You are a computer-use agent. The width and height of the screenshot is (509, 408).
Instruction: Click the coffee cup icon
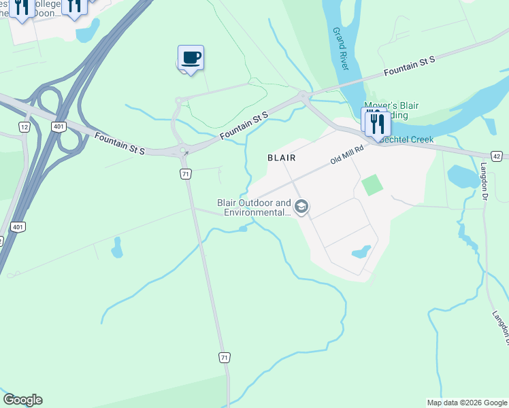[x=191, y=57]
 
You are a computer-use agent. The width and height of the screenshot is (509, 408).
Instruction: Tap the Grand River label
[x=342, y=48]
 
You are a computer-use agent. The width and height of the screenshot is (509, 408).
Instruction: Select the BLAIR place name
[x=282, y=157]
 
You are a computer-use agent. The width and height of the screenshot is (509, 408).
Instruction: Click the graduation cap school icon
[x=301, y=207]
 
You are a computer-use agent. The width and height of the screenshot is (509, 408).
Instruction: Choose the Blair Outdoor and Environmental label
[x=254, y=207]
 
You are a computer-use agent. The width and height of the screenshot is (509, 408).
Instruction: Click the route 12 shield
[x=24, y=127]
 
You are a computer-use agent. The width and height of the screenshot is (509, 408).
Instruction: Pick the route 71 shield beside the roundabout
[x=186, y=174]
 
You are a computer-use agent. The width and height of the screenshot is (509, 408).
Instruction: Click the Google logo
[x=22, y=400]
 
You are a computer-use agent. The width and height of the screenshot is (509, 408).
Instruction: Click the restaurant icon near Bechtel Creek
[x=376, y=124]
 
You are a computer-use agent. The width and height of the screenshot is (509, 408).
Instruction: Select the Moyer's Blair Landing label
[x=391, y=110]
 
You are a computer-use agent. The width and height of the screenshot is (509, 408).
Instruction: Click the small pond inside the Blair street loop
[x=361, y=252]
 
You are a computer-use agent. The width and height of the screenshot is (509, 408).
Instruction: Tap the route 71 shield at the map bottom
[x=225, y=357]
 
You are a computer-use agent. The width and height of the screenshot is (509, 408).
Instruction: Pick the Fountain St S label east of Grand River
[x=408, y=66]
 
